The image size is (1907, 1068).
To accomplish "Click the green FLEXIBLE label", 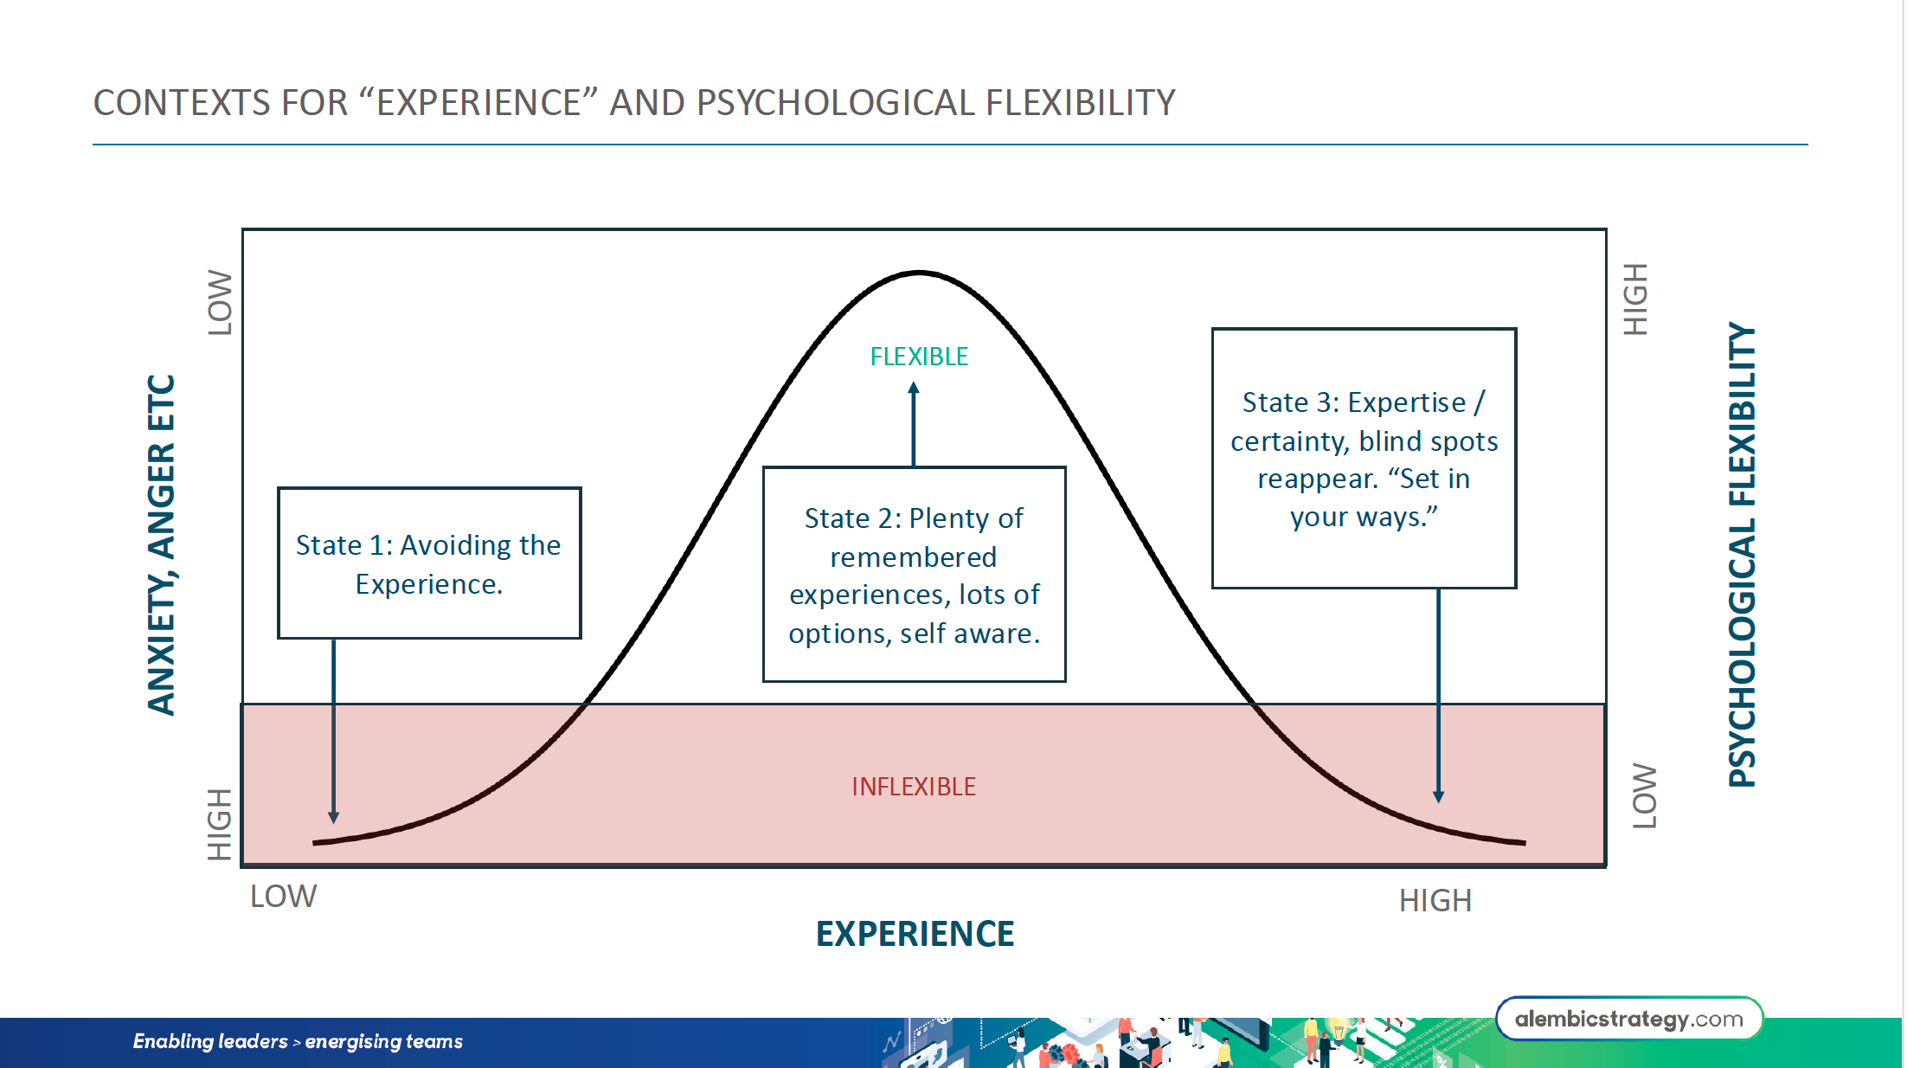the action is [919, 357].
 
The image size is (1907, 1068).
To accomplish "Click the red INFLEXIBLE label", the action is [914, 786].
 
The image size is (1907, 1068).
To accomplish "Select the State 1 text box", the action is [429, 563].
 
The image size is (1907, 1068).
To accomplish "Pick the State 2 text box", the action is [914, 575].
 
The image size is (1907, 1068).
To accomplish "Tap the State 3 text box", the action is [1364, 459].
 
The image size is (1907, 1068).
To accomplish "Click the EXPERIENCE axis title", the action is [915, 934].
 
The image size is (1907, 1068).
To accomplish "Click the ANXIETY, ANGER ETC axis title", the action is [162, 545].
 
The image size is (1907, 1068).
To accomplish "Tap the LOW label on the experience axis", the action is [283, 897].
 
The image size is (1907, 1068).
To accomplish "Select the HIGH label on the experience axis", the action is [1435, 901].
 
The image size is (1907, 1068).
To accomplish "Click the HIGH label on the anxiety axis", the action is [220, 824].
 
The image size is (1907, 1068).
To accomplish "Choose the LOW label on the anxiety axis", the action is [220, 302].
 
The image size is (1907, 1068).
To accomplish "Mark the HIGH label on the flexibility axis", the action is [1635, 299].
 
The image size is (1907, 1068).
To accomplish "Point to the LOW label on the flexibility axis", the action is [1644, 795].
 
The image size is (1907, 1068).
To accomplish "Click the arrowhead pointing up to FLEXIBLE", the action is [914, 389].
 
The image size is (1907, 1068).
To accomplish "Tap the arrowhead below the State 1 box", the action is [334, 817].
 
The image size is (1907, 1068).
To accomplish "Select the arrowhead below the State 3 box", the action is [1438, 796].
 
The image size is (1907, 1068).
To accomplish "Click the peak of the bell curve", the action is [919, 273].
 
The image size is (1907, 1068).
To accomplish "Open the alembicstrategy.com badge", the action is [1628, 1019].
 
